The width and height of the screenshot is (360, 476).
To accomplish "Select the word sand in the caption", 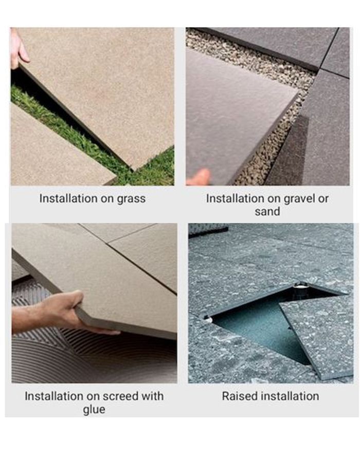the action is point(267,211).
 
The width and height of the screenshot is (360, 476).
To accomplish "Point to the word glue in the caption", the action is point(94,410).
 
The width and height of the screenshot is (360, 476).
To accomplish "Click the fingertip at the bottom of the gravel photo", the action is point(199,178).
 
